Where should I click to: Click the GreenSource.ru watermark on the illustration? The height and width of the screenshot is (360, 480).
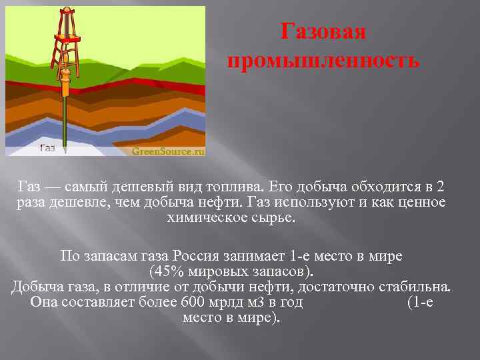(167, 151)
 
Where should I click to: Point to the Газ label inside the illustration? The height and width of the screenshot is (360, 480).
(47, 148)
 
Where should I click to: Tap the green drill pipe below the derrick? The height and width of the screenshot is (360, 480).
(65, 120)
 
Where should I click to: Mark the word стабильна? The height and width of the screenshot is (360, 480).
(413, 287)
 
